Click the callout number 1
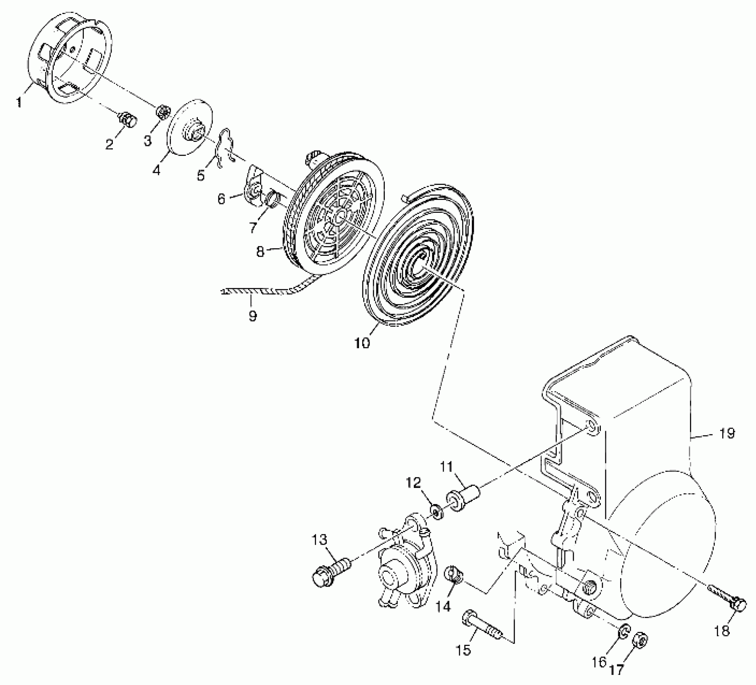(19, 102)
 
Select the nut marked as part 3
(163, 112)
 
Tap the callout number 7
(253, 228)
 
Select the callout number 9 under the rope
(253, 316)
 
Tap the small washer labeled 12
(436, 512)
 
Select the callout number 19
(727, 434)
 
